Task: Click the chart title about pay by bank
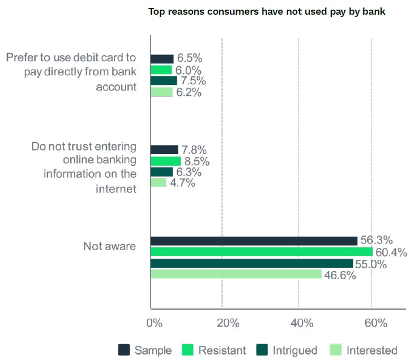(267, 11)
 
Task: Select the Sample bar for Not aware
(254, 240)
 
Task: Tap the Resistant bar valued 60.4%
(262, 252)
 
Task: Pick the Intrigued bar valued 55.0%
(251, 263)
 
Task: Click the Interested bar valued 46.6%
(236, 274)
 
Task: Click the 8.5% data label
(198, 161)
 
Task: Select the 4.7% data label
(183, 183)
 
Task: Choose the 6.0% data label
(189, 70)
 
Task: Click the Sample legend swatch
(124, 350)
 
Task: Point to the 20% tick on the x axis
(227, 323)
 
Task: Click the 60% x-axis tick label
(375, 323)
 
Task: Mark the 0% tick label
(155, 323)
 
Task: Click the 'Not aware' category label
(109, 246)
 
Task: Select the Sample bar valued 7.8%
(164, 149)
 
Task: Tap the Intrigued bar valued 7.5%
(164, 81)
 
